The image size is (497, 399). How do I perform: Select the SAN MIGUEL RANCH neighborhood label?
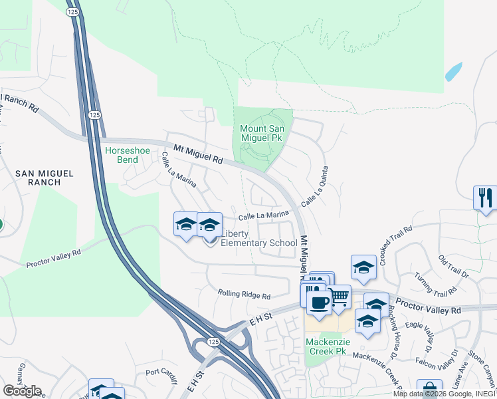click(x=45, y=177)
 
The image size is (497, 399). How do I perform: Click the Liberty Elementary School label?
click(x=258, y=238)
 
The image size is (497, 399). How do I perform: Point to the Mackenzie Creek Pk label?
click(x=327, y=346)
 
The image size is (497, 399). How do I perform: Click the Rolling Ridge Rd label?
click(x=244, y=295)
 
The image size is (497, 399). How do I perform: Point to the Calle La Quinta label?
click(x=316, y=186)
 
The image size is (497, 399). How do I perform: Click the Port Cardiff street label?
click(x=162, y=375)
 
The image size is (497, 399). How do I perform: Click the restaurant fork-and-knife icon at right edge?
click(x=486, y=198)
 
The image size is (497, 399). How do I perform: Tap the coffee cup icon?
click(x=319, y=302)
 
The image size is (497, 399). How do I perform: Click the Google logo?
click(x=22, y=391)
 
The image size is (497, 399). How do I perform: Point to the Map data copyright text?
click(x=444, y=394)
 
